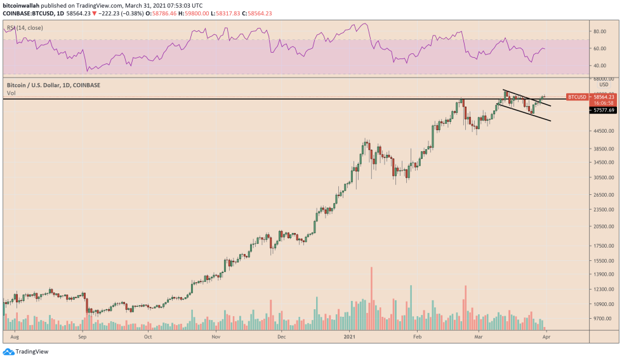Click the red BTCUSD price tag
[x=577, y=97]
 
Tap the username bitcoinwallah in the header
[x=23, y=4]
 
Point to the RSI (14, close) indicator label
[x=25, y=29]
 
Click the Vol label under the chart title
[x=10, y=93]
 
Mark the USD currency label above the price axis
[x=604, y=84]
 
